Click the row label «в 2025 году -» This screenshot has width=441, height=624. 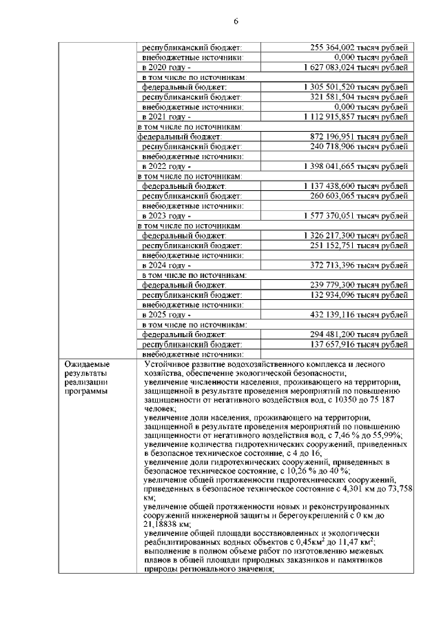tap(166, 314)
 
